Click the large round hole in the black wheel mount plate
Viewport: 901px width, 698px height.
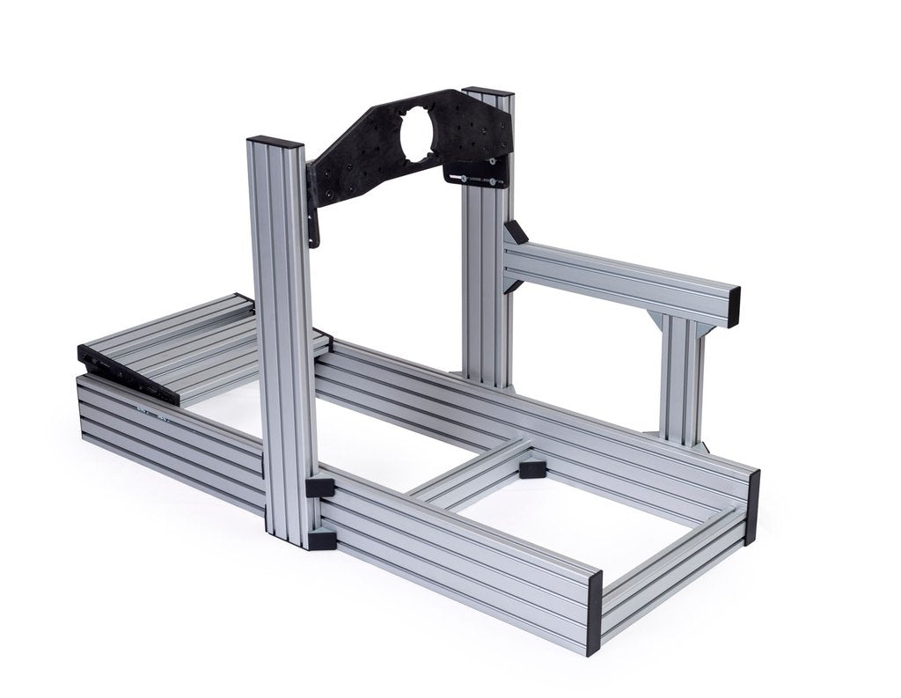pyautogui.click(x=416, y=135)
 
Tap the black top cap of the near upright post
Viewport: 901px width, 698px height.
pyautogui.click(x=275, y=142)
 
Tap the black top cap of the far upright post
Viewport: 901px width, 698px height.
pyautogui.click(x=487, y=91)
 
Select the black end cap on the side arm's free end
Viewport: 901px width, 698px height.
pyautogui.click(x=733, y=306)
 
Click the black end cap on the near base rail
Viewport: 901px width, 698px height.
pyautogui.click(x=594, y=613)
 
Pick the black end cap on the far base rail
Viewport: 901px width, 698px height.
pyautogui.click(x=751, y=507)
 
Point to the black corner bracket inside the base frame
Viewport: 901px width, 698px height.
pyautogui.click(x=533, y=467)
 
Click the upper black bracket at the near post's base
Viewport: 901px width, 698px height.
pyautogui.click(x=320, y=487)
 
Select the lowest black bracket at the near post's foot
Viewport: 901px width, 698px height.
pyautogui.click(x=323, y=539)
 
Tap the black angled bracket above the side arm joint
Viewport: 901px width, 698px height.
pyautogui.click(x=515, y=232)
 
